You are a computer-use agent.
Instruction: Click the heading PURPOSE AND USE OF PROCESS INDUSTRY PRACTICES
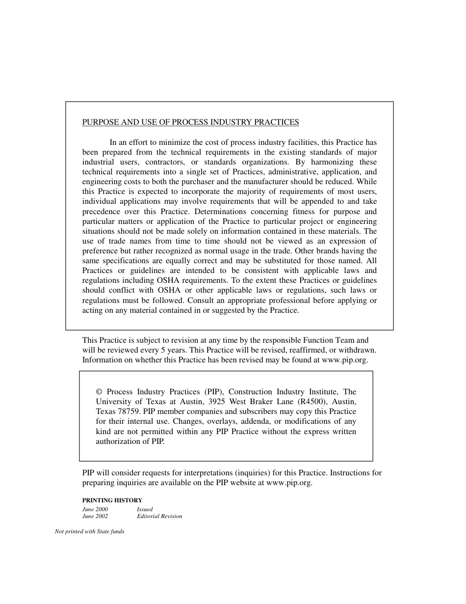pyautogui.click(x=190, y=122)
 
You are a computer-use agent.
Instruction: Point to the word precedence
pyautogui.click(x=101, y=212)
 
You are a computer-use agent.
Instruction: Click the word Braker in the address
pyautogui.click(x=268, y=402)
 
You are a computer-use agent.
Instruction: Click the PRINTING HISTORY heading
pyautogui.click(x=112, y=500)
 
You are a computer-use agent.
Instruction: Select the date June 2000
pyautogui.click(x=95, y=509)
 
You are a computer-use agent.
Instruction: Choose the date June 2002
pyautogui.click(x=95, y=516)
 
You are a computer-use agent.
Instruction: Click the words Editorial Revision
pyautogui.click(x=159, y=516)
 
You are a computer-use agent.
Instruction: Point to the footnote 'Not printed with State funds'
pyautogui.click(x=89, y=531)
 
